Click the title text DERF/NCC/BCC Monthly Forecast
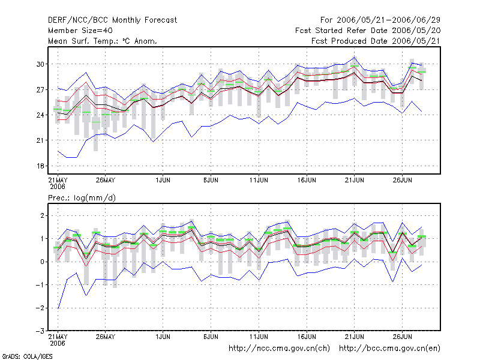click(x=112, y=20)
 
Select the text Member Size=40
click(x=80, y=31)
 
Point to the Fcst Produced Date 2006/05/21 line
click(x=376, y=41)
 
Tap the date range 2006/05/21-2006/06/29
click(x=388, y=20)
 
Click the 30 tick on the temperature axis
click(x=40, y=64)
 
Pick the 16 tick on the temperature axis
click(x=40, y=166)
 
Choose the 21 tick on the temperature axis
click(x=40, y=140)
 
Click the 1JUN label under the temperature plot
click(x=163, y=180)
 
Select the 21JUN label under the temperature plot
click(x=355, y=180)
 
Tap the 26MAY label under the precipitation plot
click(x=106, y=337)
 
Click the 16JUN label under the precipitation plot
click(x=307, y=337)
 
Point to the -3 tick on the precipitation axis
click(x=40, y=331)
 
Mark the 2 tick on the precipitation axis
click(x=42, y=216)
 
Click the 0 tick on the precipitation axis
click(x=42, y=262)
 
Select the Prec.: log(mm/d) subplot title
click(x=82, y=198)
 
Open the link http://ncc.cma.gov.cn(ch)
click(x=279, y=349)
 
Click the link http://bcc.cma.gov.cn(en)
click(x=389, y=349)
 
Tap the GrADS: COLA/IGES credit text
click(x=27, y=356)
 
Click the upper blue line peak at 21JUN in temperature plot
click(x=355, y=57)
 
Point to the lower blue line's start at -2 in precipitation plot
click(x=58, y=308)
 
